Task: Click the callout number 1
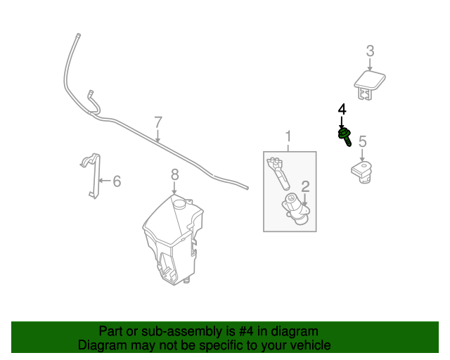pos(288,136)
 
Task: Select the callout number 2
pos(305,186)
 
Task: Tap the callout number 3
pos(370,51)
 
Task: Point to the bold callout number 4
pos(342,110)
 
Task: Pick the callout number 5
pos(363,141)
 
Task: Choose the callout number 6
pos(117,181)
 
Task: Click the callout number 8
pos(175,173)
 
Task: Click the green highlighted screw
pos(345,135)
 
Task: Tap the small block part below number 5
pos(361,171)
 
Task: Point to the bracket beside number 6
pos(91,176)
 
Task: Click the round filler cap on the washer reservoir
pos(179,203)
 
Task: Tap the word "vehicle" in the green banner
pos(309,345)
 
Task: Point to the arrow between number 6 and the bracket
pos(104,181)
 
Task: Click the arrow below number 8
pos(175,188)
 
